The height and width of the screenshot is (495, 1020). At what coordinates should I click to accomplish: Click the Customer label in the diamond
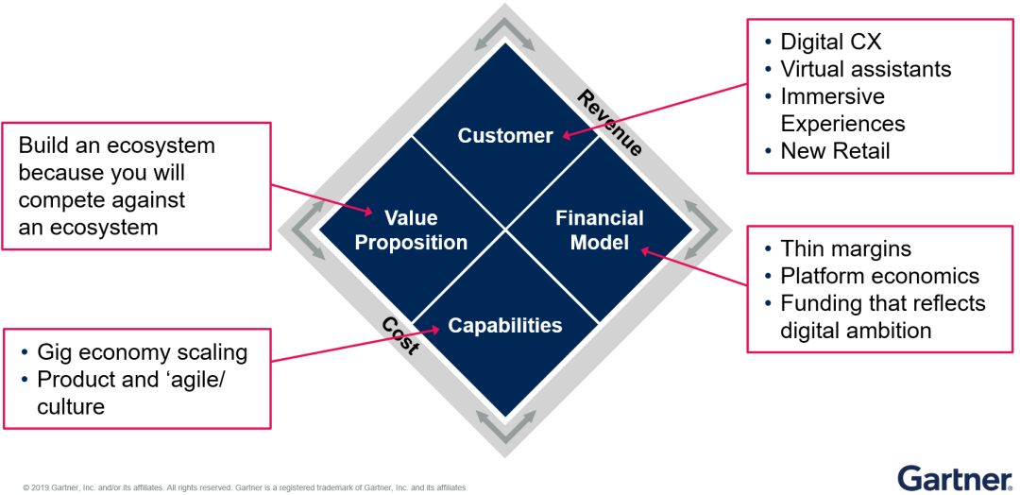pyautogui.click(x=505, y=136)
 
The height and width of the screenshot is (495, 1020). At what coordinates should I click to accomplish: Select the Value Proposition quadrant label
pyautogui.click(x=412, y=230)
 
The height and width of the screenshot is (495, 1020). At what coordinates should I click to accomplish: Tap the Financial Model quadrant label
pyautogui.click(x=599, y=230)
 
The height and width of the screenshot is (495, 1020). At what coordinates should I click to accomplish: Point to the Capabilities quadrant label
pyautogui.click(x=505, y=326)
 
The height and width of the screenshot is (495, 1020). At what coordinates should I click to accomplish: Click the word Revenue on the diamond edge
pyautogui.click(x=610, y=124)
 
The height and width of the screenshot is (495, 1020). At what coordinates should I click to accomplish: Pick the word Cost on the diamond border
pyautogui.click(x=400, y=335)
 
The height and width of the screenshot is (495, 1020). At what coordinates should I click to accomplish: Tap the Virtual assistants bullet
pyautogui.click(x=865, y=69)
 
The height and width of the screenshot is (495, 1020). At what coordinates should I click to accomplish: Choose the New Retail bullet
pyautogui.click(x=835, y=151)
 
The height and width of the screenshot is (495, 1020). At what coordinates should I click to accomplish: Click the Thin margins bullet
pyautogui.click(x=845, y=249)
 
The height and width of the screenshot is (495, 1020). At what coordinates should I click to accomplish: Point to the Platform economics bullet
pyautogui.click(x=879, y=277)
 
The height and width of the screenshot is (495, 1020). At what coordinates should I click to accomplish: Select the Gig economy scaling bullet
pyautogui.click(x=142, y=352)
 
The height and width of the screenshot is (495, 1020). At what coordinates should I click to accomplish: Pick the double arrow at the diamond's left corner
pyautogui.click(x=305, y=230)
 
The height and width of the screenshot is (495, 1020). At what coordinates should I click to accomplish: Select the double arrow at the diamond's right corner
pyautogui.click(x=705, y=230)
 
